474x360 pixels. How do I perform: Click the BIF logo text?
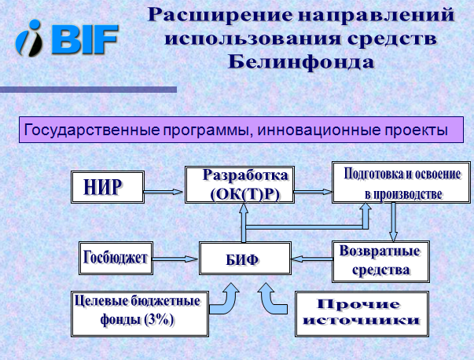86,39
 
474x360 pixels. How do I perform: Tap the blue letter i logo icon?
29,39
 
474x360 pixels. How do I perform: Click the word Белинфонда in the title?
301,62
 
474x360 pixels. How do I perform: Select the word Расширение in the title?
220,14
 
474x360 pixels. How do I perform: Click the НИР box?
108,187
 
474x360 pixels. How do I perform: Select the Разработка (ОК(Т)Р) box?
240,185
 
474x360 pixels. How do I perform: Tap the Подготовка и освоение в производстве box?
402,182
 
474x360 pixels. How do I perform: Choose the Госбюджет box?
116,258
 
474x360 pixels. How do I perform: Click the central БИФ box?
245,258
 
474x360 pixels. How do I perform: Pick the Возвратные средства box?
380,262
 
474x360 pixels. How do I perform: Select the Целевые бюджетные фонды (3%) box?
140,314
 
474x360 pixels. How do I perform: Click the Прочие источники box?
362,314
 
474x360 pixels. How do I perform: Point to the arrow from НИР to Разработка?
164,191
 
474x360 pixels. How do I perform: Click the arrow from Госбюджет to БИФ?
175,259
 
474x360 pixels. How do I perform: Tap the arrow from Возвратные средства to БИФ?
311,259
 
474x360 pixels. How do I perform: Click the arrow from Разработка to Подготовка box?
313,192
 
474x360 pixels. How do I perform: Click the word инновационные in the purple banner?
319,130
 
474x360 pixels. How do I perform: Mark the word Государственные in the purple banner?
92,130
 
